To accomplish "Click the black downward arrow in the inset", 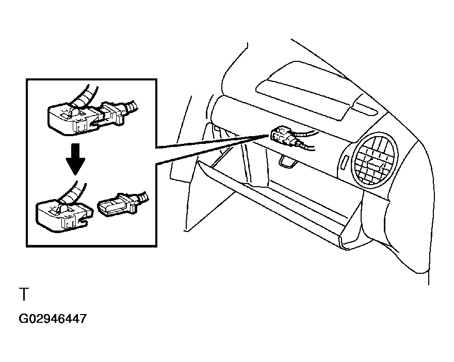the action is click(75, 159).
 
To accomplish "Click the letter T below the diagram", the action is click(24, 294).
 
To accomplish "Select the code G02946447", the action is click(53, 319).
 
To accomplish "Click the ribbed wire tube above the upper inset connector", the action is click(85, 95).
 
